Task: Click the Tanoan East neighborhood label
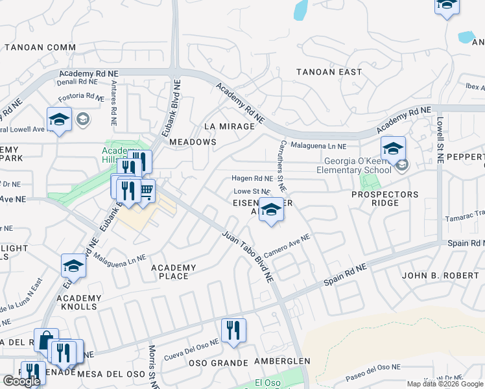tap(329, 72)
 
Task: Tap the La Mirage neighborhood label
tap(229, 126)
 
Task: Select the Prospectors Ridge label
tap(384, 199)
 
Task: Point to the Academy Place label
tap(174, 272)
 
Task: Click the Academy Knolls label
tap(79, 303)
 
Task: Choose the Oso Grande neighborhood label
tap(219, 363)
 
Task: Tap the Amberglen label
tap(282, 360)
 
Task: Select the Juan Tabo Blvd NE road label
tap(248, 256)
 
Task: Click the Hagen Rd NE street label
tap(253, 178)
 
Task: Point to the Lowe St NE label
tap(252, 192)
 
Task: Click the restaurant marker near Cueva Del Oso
tap(233, 330)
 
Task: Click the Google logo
tap(21, 381)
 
